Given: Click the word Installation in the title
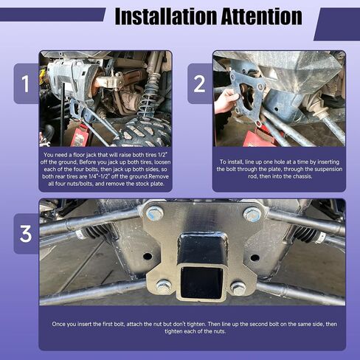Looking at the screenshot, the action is pyautogui.click(x=166, y=16).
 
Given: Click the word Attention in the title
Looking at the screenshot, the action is pyautogui.click(x=262, y=16).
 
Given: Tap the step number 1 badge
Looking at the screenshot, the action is pyautogui.click(x=25, y=83).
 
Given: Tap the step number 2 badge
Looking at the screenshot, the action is pyautogui.click(x=199, y=83).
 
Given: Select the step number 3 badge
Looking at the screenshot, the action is pyautogui.click(x=26, y=234).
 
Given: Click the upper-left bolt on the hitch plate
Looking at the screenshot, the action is pyautogui.click(x=155, y=213).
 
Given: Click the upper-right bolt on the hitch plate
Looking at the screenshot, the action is pyautogui.click(x=252, y=214).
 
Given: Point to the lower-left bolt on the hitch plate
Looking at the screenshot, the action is pyautogui.click(x=164, y=286).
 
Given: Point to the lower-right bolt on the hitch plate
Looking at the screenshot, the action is pyautogui.click(x=238, y=288).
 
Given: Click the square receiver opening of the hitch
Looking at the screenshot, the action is pyautogui.click(x=201, y=283).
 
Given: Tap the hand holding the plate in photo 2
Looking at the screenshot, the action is pyautogui.click(x=226, y=101).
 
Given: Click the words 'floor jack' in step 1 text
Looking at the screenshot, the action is pyautogui.click(x=94, y=155).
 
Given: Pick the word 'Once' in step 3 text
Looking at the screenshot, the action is pyautogui.click(x=58, y=324).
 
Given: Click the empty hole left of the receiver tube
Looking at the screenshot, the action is pyautogui.click(x=148, y=256).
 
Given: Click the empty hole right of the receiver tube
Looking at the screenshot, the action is pyautogui.click(x=255, y=258).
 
